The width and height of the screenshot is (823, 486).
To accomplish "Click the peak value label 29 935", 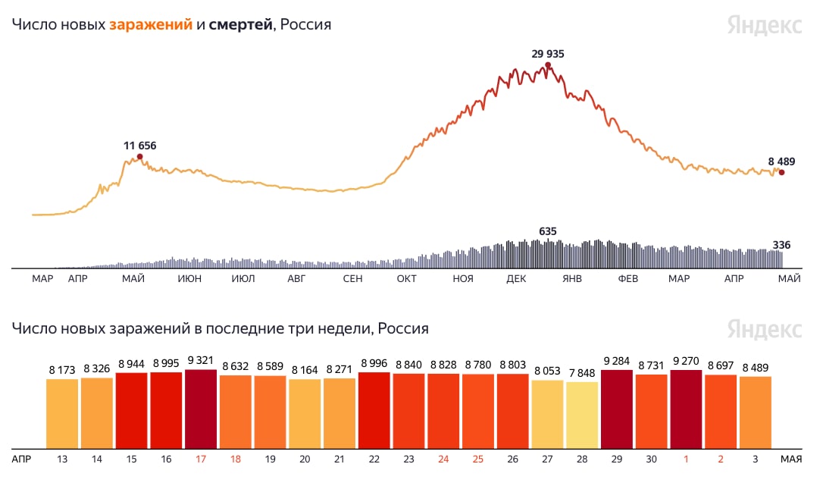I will coord(548,54).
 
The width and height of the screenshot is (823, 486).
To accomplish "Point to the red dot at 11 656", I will coord(139,157).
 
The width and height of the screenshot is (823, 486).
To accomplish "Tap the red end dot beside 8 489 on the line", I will coord(781,172).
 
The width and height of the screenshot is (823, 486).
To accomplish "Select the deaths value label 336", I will coord(781,245).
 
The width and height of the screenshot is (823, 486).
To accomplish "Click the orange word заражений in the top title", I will coord(151,24).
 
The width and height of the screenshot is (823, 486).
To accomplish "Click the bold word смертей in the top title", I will coord(240,24).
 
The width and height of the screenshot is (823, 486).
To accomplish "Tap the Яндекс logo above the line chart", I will coord(765,25).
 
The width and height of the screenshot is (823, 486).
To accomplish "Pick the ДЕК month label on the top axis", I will coord(516,279).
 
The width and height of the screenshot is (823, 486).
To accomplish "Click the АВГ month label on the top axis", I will coord(296,279).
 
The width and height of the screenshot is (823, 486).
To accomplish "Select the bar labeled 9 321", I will coord(201,409).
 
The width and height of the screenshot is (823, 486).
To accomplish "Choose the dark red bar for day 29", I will coord(616,409).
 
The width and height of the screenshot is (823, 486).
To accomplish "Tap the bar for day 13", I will coord(62,413).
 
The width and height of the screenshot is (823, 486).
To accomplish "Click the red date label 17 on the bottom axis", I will coord(201,459).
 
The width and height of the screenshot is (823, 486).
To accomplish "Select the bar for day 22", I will coord(374,410).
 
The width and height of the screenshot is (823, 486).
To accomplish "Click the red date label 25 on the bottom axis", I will coord(478,459).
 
